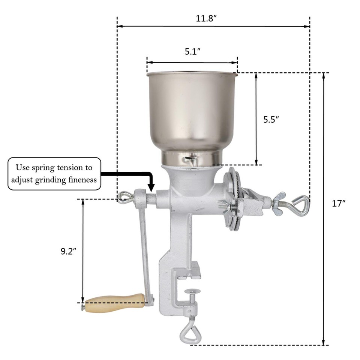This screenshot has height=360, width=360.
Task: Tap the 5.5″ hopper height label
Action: coord(271,120)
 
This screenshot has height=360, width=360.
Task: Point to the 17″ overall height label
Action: coord(338,204)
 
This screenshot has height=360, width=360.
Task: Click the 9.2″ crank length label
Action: coord(69,252)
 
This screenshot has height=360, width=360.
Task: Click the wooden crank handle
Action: coord(115,303)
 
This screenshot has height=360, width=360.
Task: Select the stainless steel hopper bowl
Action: coord(192,112)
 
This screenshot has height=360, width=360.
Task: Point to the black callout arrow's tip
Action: coord(151,189)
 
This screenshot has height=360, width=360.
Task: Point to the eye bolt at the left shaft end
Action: coord(124,196)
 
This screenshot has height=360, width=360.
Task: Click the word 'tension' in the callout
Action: coord(75,168)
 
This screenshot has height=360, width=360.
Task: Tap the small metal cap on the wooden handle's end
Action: coord(82,307)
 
